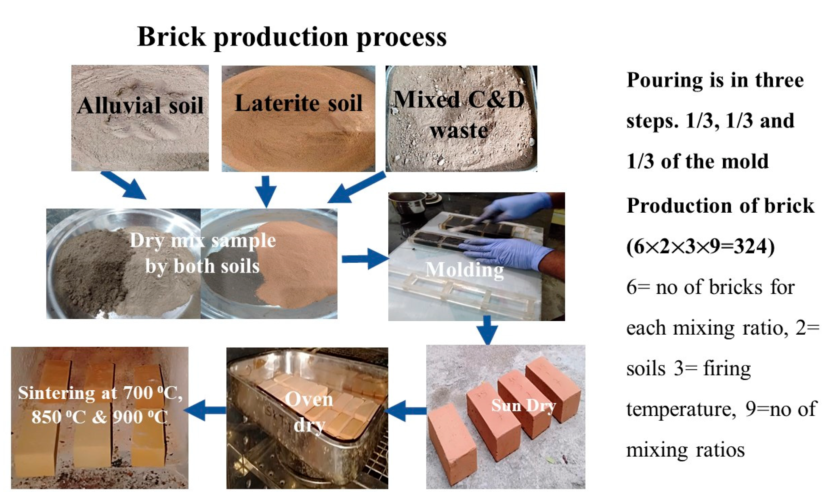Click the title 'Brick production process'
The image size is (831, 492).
(292, 37)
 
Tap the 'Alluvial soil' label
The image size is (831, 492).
(140, 105)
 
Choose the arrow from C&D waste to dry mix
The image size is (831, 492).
(356, 188)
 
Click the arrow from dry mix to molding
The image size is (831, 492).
(364, 259)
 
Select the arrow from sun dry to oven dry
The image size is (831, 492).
(405, 411)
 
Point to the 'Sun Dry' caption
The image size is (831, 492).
(523, 405)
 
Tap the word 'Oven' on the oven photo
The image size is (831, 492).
(309, 399)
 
